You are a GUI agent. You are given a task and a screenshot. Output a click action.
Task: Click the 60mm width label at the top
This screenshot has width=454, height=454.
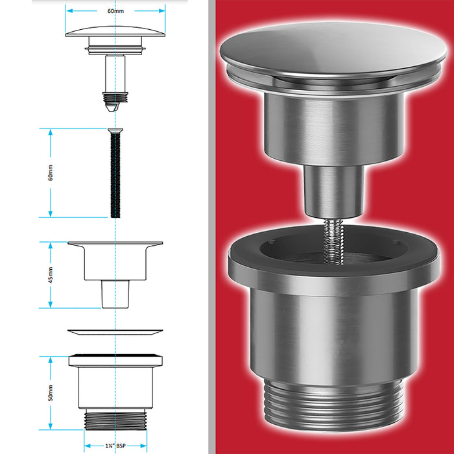[115, 11]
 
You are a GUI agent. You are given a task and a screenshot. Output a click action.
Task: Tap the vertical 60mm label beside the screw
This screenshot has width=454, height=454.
[51, 173]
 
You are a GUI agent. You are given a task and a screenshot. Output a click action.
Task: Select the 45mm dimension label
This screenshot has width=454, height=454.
[51, 275]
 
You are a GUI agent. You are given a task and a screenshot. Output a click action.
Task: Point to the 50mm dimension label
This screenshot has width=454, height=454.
[51, 392]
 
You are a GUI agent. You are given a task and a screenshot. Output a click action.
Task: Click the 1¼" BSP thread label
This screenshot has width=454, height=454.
[115, 446]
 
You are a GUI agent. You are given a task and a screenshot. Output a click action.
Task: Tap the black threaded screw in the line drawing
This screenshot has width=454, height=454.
[115, 173]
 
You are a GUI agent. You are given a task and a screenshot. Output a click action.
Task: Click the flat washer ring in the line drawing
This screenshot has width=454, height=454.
[115, 332]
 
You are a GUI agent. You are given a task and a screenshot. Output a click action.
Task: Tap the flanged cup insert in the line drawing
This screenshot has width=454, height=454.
[115, 275]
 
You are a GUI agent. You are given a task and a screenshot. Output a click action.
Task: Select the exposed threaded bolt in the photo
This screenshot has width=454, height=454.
[333, 242]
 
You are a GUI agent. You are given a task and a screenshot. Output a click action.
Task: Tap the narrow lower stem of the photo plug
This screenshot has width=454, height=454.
[333, 191]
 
